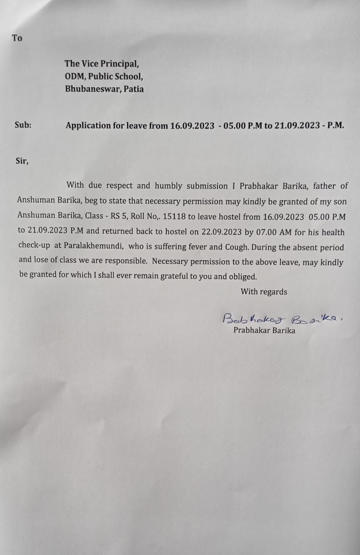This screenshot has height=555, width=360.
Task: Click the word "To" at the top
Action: [17, 38]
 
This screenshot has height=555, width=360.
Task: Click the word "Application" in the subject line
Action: [88, 126]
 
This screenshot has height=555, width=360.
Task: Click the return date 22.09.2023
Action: [221, 232]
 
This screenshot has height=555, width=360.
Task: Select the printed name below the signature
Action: [264, 330]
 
